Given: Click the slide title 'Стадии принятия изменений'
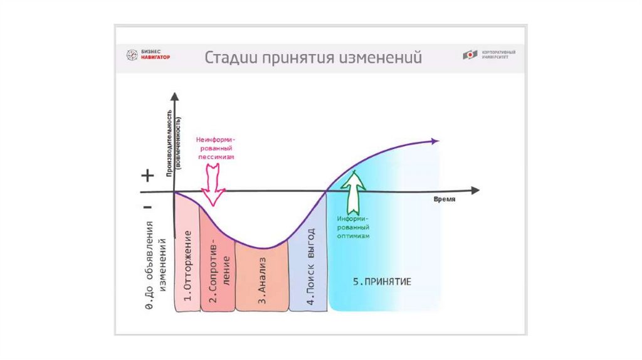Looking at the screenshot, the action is coord(313,58).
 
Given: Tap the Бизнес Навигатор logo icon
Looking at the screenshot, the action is coord(131,55).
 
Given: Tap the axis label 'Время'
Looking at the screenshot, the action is coord(443,199).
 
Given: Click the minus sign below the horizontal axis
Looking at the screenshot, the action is coord(147,206).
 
